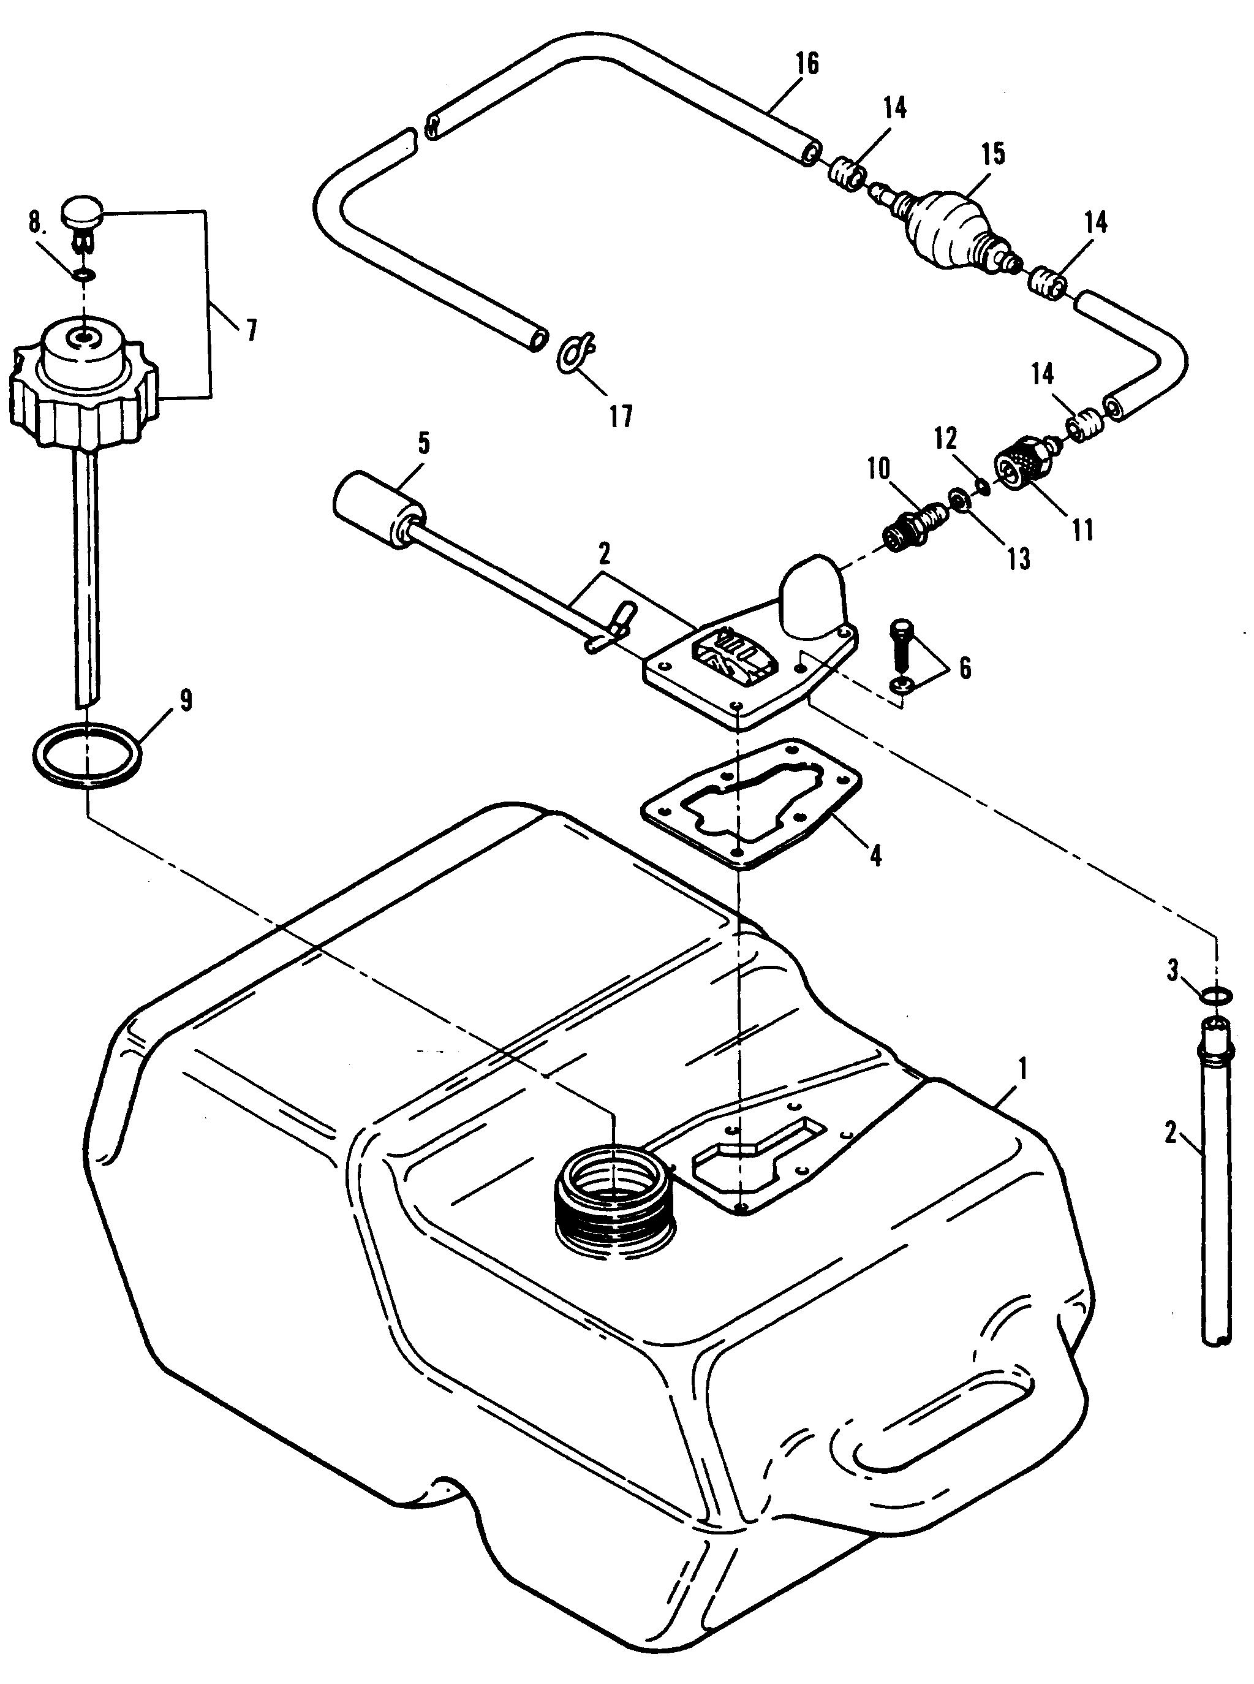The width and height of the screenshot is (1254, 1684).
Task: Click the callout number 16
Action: (807, 64)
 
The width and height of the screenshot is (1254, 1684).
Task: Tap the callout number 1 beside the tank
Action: (1022, 1071)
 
